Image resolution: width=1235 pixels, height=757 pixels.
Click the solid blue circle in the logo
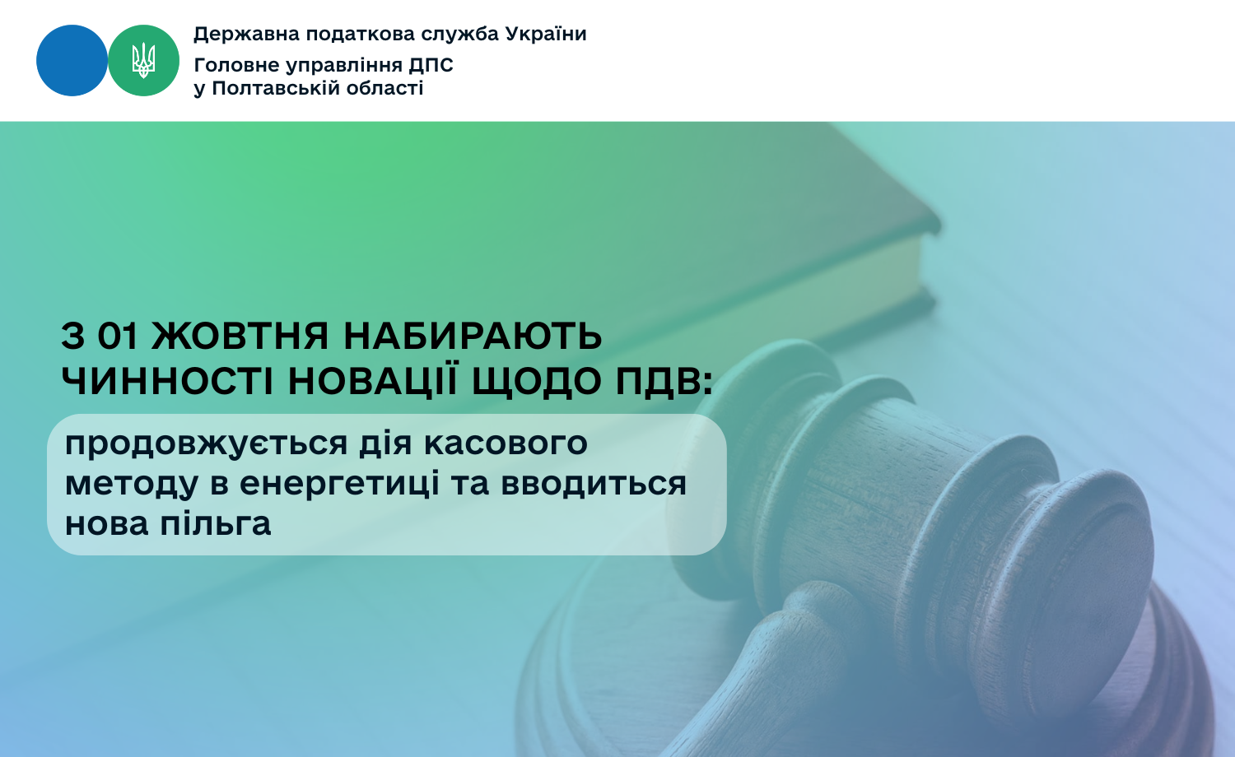[72, 61]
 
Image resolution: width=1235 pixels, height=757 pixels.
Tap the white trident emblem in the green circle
[143, 61]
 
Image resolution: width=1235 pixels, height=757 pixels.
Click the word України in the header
[546, 35]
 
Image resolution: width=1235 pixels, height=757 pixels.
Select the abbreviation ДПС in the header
[431, 66]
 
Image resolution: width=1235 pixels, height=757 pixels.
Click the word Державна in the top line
[246, 35]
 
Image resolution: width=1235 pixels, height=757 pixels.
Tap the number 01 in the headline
[118, 336]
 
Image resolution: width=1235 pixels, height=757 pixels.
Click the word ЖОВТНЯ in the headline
[240, 336]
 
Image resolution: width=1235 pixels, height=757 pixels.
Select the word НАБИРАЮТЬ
[473, 336]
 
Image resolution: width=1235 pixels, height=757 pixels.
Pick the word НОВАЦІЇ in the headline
[373, 380]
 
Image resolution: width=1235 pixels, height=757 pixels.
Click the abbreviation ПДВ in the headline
[664, 382]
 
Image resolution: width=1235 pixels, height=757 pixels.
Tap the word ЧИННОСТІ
[168, 381]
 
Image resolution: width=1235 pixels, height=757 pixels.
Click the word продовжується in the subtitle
[206, 444]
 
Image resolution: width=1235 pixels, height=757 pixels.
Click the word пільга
[216, 522]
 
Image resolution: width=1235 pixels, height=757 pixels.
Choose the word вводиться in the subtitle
[594, 483]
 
